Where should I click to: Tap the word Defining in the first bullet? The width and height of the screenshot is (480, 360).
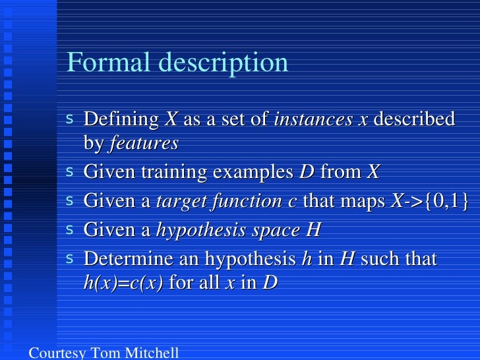(x=121, y=120)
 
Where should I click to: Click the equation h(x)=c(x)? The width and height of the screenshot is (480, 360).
(x=124, y=284)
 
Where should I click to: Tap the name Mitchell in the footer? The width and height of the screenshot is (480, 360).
(x=152, y=353)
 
